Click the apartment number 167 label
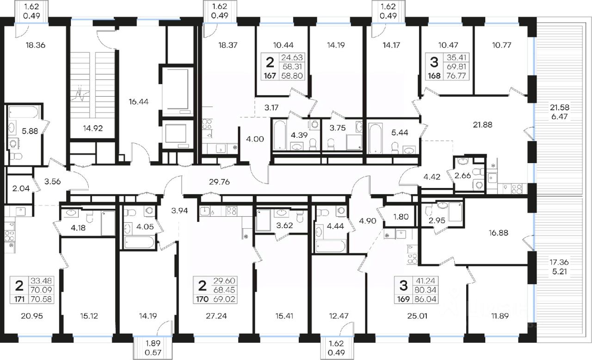pyautogui.click(x=270, y=76)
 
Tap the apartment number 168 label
pyautogui.click(x=434, y=76)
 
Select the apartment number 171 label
pyautogui.click(x=19, y=299)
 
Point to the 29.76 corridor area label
pyautogui.click(x=219, y=182)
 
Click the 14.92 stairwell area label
pyautogui.click(x=93, y=128)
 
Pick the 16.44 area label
pyautogui.click(x=138, y=101)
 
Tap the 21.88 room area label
pyautogui.click(x=482, y=125)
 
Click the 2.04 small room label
pyautogui.click(x=21, y=189)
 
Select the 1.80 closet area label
pyautogui.click(x=401, y=217)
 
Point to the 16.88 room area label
pyautogui.click(x=499, y=233)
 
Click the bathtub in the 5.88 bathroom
pyautogui.click(x=24, y=112)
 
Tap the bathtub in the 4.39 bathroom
pyautogui.click(x=280, y=135)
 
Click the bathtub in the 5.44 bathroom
pyautogui.click(x=375, y=138)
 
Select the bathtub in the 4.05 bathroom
pyautogui.click(x=139, y=243)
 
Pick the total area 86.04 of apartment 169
pyautogui.click(x=425, y=299)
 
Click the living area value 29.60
pyautogui.click(x=224, y=281)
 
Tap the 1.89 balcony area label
pyautogui.click(x=153, y=343)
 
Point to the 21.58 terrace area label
pyautogui.click(x=560, y=107)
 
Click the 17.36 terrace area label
pyautogui.click(x=559, y=262)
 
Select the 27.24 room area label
pyautogui.click(x=216, y=316)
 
